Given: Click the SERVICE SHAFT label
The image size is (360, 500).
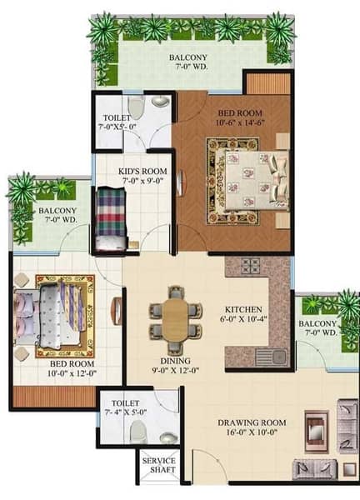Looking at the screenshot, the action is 159,465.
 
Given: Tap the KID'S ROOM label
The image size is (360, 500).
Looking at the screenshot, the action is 142,171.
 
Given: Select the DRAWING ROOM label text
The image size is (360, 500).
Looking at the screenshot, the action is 252,422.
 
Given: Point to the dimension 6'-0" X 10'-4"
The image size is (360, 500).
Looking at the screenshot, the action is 243,318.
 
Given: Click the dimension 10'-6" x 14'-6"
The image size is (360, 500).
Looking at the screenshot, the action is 241,122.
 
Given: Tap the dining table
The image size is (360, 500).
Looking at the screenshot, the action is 175,319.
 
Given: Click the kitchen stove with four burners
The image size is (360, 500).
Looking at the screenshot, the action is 251,266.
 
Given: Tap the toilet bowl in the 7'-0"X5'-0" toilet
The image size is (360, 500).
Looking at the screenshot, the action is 136,107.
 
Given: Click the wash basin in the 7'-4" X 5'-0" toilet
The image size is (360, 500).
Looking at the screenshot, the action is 168,437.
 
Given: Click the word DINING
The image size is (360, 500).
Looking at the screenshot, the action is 175,361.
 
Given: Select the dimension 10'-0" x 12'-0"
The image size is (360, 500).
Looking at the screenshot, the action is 72,372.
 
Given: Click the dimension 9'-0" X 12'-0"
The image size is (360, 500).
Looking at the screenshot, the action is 175,370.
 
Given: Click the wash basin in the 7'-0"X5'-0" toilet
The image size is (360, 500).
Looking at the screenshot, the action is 160,101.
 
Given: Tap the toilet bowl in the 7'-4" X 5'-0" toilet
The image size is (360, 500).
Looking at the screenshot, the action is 138,432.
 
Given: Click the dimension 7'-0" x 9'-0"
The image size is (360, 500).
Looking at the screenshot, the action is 143,181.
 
